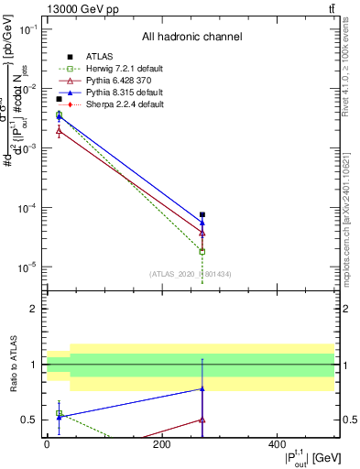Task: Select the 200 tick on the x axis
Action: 161,445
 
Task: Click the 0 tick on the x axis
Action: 47,445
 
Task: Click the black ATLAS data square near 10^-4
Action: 202,214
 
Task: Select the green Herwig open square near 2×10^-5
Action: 202,251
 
